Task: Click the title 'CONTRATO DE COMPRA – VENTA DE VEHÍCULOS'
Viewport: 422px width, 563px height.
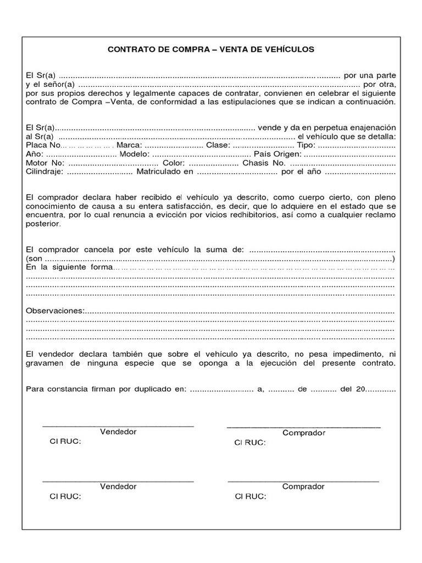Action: tap(211, 49)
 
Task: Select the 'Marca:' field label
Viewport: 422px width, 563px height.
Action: tap(130, 145)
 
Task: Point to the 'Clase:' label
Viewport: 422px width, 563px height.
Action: tap(218, 145)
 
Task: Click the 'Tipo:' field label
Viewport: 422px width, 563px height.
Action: tap(306, 145)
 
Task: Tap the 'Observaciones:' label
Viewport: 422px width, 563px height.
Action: tap(55, 311)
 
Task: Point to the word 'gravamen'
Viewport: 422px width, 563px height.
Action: tap(44, 364)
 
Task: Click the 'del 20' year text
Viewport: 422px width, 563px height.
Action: tap(353, 389)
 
